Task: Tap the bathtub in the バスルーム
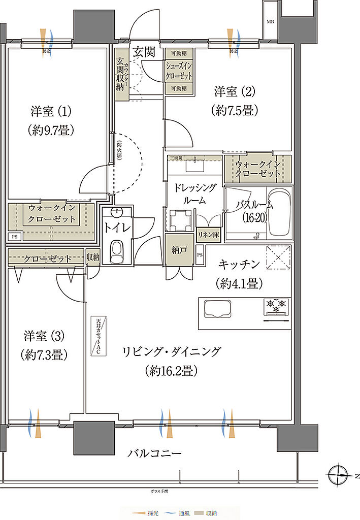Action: pos(278,213)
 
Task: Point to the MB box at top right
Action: pos(271,22)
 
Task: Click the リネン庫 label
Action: pos(208,236)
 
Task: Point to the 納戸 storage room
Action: pos(179,249)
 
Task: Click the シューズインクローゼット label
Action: pos(179,71)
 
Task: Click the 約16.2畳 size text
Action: pos(170,371)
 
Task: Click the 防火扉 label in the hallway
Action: pos(119,150)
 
